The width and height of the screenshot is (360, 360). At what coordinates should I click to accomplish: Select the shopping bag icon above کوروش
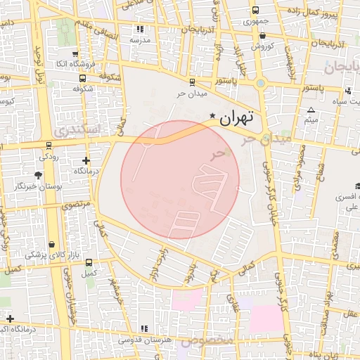(262, 35)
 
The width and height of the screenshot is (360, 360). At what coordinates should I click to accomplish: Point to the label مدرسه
(139, 40)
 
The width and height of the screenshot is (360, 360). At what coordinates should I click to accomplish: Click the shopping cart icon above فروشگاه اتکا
(75, 53)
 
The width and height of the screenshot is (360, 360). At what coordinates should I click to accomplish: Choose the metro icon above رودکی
(49, 146)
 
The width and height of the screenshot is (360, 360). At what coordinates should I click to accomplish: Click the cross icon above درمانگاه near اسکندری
(86, 160)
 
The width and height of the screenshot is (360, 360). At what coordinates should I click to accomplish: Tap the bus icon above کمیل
(88, 262)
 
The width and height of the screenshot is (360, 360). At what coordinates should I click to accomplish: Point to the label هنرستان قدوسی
(145, 340)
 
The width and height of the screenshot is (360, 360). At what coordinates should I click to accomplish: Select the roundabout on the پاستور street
(262, 84)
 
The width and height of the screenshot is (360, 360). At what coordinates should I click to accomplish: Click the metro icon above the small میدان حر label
(192, 83)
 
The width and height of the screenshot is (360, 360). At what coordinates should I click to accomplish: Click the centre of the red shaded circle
(180, 179)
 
